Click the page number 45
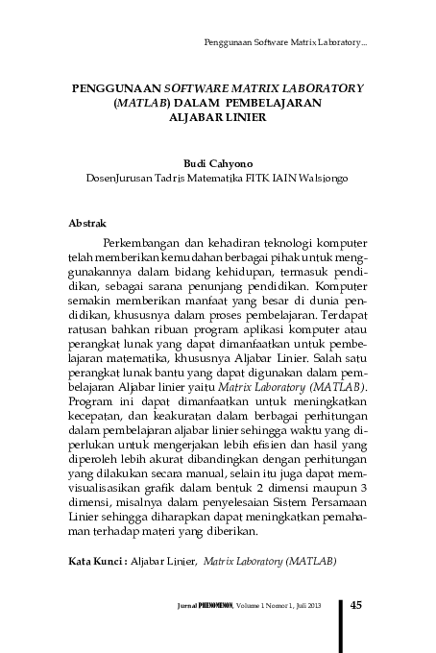(355, 605)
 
